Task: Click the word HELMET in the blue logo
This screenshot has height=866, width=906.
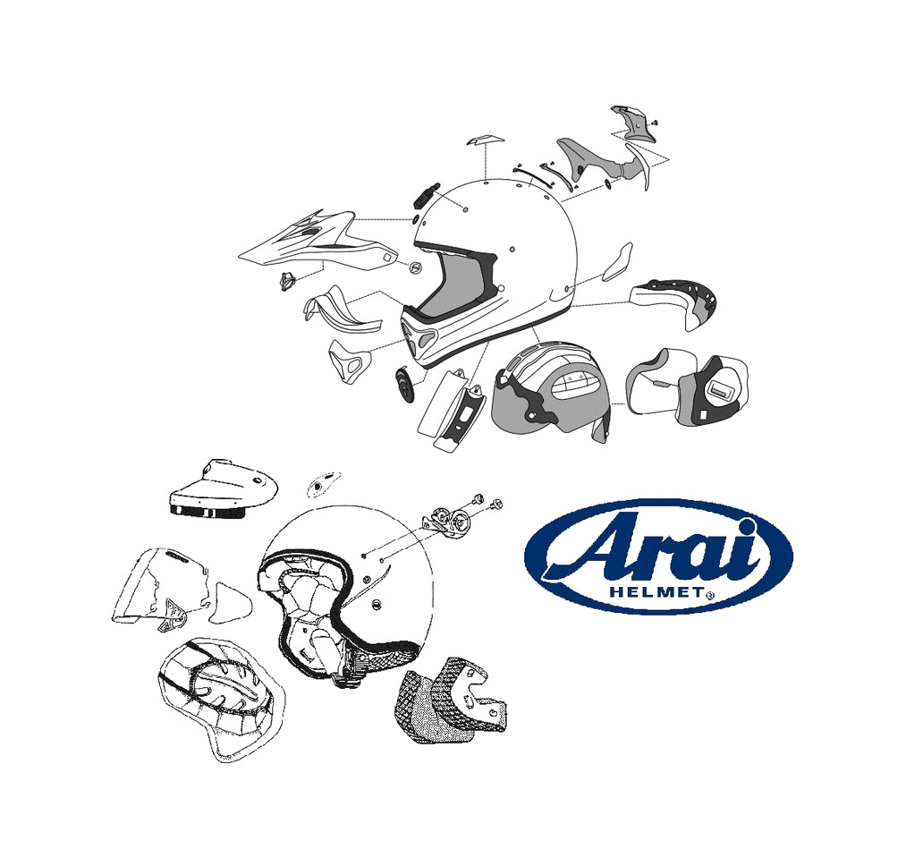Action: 656,592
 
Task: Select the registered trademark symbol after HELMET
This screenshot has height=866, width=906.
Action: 709,594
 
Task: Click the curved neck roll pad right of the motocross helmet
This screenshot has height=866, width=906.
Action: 676,301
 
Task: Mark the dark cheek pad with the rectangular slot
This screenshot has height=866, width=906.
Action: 712,392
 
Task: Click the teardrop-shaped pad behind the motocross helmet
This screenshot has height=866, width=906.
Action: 618,261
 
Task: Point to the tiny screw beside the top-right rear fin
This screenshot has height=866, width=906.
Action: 656,122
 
